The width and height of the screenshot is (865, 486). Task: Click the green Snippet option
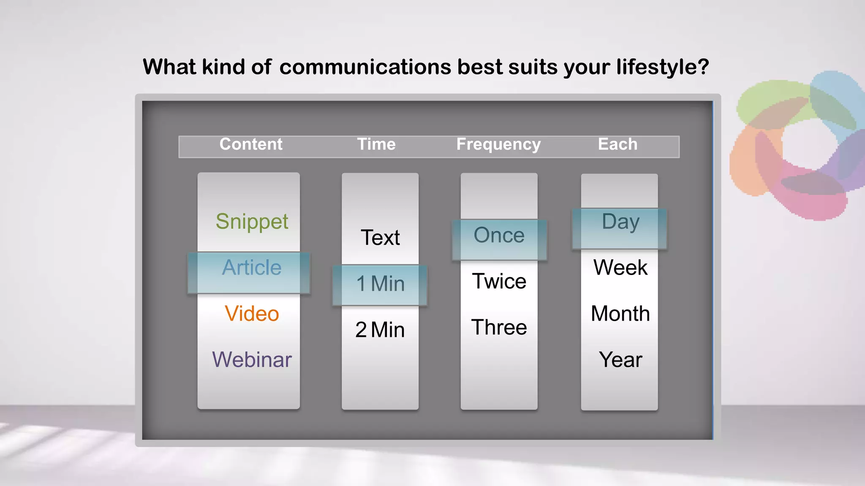[x=252, y=222]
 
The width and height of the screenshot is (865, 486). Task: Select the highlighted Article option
[x=252, y=268]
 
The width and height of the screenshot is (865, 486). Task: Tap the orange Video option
[x=252, y=314]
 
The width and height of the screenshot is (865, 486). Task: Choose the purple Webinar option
[x=252, y=360]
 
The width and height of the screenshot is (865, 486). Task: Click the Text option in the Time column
[x=380, y=238]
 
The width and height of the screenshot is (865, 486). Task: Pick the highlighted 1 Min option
[x=380, y=283]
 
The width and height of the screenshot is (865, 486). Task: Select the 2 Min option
[x=380, y=330]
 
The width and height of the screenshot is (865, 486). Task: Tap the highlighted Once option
[x=499, y=235]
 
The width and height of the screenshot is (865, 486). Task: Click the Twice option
[x=499, y=281]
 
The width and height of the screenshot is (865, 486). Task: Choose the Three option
[x=499, y=327]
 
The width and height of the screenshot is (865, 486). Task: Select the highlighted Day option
[x=620, y=222]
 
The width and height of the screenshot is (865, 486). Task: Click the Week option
[x=620, y=267]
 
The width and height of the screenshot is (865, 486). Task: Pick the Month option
[x=620, y=314]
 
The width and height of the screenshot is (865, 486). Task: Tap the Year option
[x=620, y=360]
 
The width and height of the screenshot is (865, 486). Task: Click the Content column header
[x=251, y=144]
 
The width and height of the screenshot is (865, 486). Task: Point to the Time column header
[x=376, y=144]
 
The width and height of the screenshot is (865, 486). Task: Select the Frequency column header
[x=498, y=145]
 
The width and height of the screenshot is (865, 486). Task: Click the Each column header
[x=617, y=144]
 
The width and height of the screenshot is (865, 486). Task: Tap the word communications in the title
[x=365, y=67]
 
